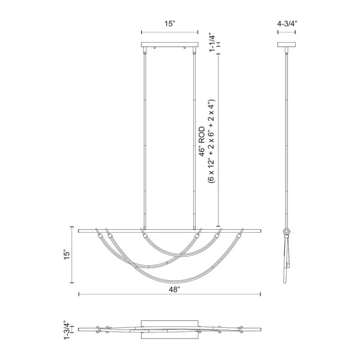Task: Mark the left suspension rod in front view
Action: tap(145, 138)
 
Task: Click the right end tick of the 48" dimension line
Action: tap(261, 294)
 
